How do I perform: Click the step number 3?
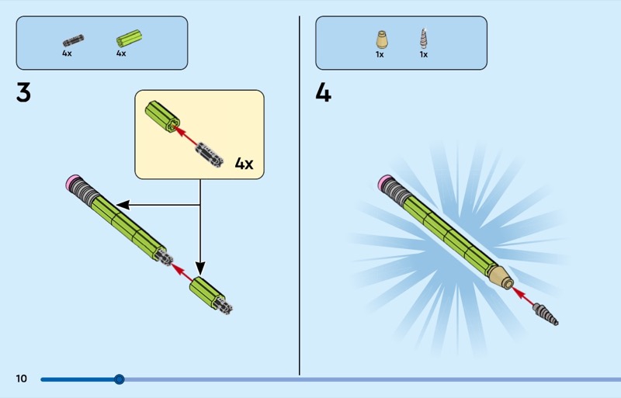23,92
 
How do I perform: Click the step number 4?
323,93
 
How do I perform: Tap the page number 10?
22,379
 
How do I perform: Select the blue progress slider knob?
120,379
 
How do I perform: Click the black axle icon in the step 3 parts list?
73,41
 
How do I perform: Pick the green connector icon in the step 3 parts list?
129,39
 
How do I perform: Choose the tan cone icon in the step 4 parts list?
382,40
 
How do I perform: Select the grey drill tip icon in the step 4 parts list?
424,39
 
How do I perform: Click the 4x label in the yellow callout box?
244,163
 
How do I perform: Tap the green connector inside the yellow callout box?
162,116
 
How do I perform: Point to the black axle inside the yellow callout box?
210,155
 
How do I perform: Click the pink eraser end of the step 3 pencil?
72,182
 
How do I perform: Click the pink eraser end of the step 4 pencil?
385,182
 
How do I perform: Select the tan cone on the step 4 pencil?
501,276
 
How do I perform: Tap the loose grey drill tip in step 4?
546,313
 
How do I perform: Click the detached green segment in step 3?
210,296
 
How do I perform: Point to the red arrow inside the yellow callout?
186,137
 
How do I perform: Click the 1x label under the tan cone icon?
380,54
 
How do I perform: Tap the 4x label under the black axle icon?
67,53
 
